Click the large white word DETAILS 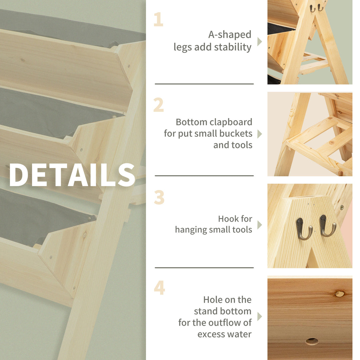tap(72, 175)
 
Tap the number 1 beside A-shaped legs tap(158, 20)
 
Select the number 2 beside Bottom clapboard tap(159, 105)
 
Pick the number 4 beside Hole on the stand tap(159, 288)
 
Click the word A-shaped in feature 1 tap(230, 35)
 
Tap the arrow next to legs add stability tap(259, 42)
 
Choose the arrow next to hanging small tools tap(259, 225)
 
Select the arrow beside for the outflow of tap(259, 317)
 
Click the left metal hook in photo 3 tap(303, 229)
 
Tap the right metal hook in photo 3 tap(327, 226)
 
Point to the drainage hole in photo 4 tap(312, 341)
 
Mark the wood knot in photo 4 tap(339, 294)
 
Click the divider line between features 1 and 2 tap(204, 84)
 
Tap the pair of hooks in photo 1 tap(316, 8)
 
